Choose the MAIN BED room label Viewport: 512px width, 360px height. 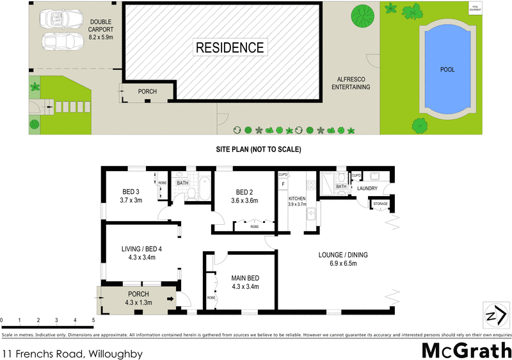click(x=245, y=282)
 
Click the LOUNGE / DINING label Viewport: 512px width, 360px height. click(x=343, y=259)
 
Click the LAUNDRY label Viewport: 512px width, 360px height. click(x=367, y=188)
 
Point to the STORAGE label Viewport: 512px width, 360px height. click(x=381, y=204)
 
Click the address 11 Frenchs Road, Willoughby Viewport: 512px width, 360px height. click(x=72, y=353)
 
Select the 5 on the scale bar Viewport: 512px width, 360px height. click(x=93, y=319)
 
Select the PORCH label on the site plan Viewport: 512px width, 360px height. click(x=147, y=92)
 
